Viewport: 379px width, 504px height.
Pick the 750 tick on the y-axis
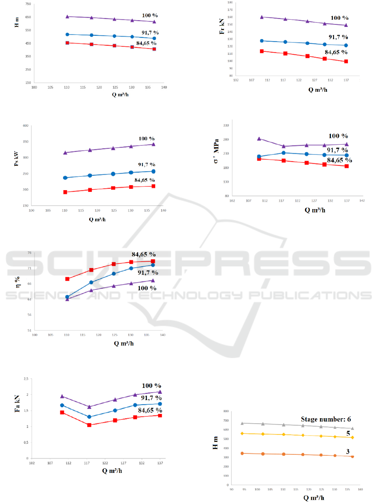point(28,4)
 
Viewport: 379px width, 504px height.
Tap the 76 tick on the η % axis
point(29,253)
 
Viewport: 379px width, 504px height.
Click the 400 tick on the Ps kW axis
point(25,126)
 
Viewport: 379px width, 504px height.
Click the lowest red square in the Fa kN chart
point(89,425)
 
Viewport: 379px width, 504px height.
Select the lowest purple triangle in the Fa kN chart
point(89,407)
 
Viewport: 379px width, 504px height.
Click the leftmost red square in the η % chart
point(67,279)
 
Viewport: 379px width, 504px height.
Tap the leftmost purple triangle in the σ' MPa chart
point(259,138)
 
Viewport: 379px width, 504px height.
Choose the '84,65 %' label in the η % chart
point(143,255)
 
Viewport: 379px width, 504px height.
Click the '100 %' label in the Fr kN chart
point(339,18)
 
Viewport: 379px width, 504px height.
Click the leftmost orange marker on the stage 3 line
point(242,453)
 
